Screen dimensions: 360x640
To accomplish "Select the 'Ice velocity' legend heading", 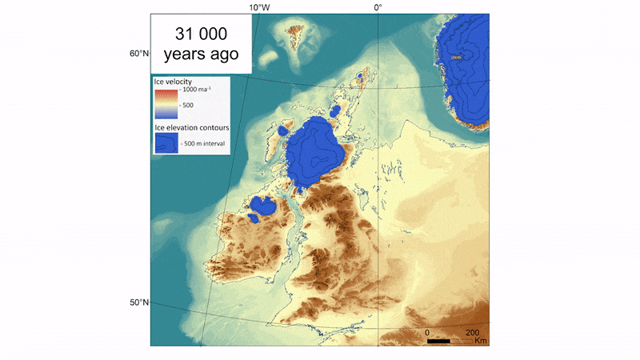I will (x=173, y=82).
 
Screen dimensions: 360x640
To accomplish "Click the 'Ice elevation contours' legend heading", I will (x=191, y=127).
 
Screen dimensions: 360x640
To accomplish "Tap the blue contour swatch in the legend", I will (x=166, y=142).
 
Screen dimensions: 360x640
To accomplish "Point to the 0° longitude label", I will (x=378, y=7).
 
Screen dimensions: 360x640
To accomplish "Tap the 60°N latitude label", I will (x=139, y=54).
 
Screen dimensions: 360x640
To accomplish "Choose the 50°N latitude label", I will (x=139, y=302).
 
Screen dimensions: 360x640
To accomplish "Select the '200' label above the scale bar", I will (x=472, y=332).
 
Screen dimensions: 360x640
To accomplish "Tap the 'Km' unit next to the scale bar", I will (x=481, y=342).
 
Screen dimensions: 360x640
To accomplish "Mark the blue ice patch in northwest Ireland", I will (x=262, y=210).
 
